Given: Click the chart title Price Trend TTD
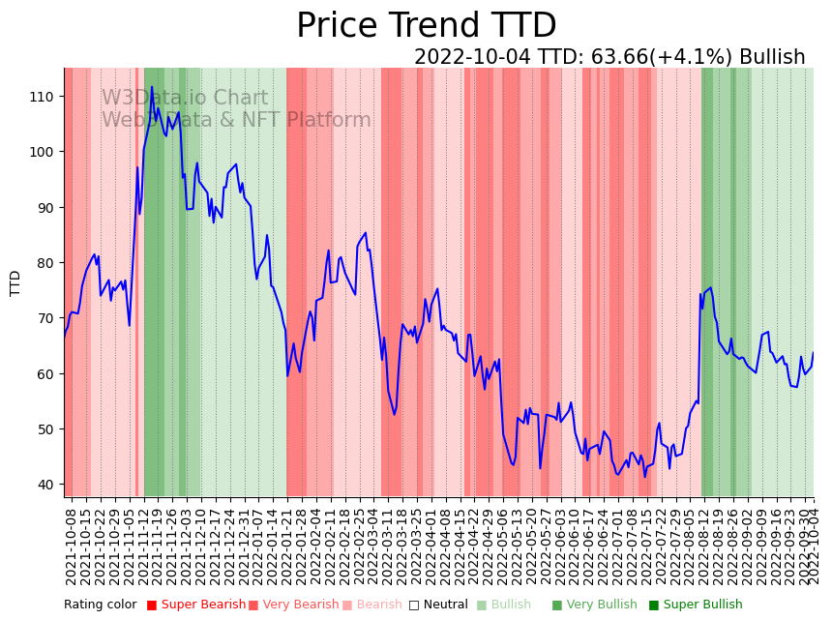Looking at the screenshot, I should pyautogui.click(x=426, y=26).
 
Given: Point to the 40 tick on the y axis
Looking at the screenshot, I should pyautogui.click(x=46, y=485).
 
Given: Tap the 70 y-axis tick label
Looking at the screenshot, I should pyautogui.click(x=46, y=318).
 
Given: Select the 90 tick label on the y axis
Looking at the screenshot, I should pyautogui.click(x=46, y=207).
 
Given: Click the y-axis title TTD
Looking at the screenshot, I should pyautogui.click(x=15, y=282).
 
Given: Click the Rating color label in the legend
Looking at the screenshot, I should pyautogui.click(x=101, y=605).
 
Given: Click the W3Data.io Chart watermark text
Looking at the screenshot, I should pyautogui.click(x=185, y=98).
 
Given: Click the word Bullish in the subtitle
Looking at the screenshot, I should pyautogui.click(x=772, y=57).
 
